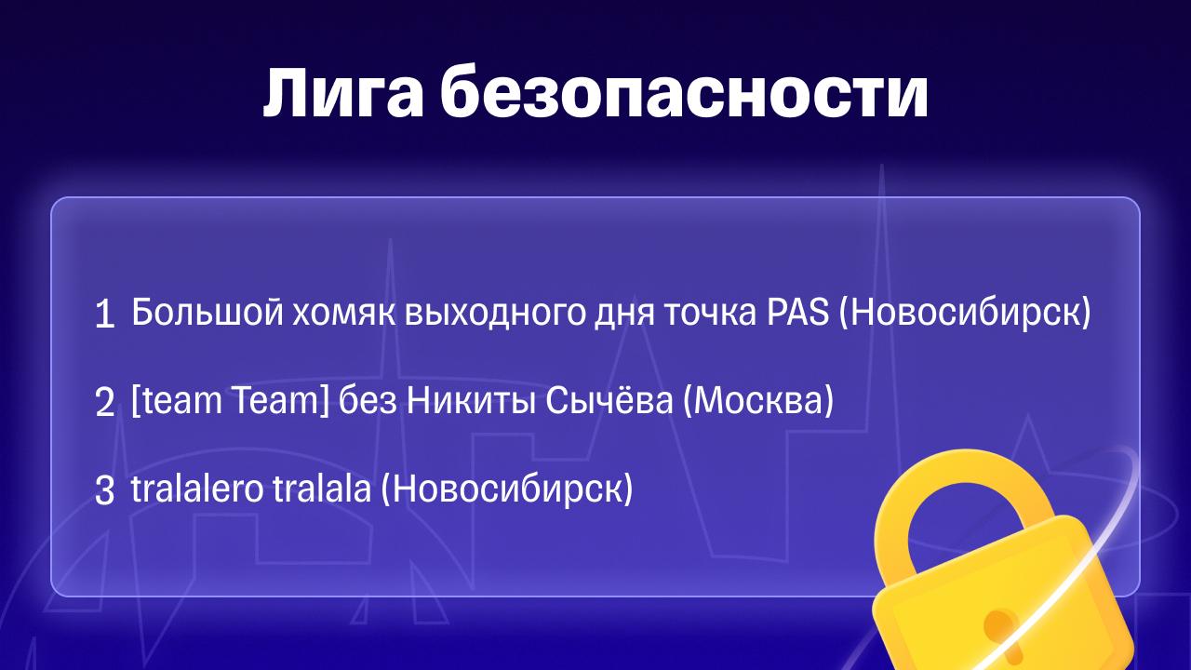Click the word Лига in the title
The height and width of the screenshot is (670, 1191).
(x=343, y=94)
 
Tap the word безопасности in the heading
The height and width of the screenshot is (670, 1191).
(x=684, y=91)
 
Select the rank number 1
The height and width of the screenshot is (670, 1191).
(x=105, y=314)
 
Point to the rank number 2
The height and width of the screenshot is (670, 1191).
(x=105, y=402)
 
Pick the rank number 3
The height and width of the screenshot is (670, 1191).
(x=105, y=490)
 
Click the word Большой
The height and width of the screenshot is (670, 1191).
(x=207, y=312)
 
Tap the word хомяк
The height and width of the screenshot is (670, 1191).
(x=344, y=315)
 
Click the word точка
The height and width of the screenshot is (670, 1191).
(x=710, y=315)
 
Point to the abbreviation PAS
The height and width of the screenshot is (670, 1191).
(x=798, y=312)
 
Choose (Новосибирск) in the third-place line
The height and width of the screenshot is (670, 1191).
(x=507, y=489)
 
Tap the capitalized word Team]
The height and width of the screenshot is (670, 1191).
(x=281, y=401)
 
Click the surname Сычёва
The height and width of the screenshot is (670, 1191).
(x=609, y=400)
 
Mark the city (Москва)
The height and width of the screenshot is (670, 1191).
(x=758, y=401)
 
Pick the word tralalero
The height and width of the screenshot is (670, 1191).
(x=196, y=489)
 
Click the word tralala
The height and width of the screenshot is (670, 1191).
(x=322, y=489)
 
